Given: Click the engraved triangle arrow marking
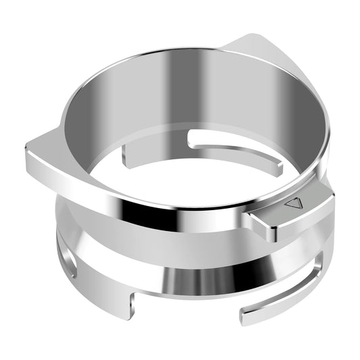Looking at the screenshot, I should (x=292, y=203).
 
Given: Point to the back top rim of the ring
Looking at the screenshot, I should (x=176, y=50).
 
